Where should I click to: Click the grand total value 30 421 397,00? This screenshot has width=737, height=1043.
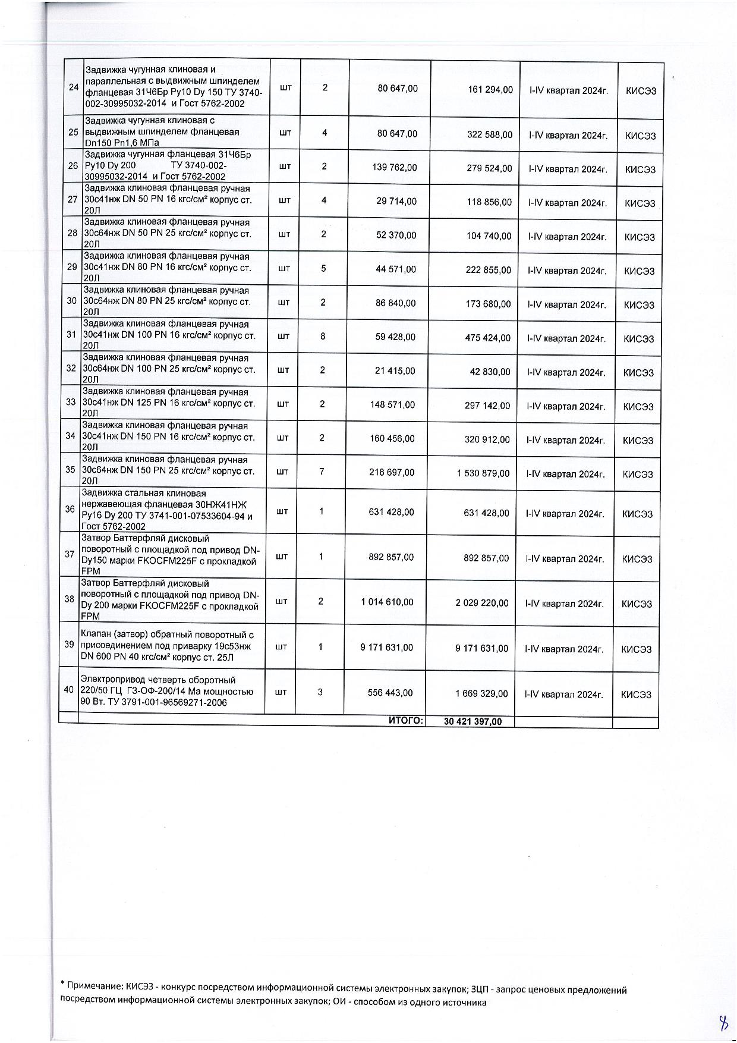473,722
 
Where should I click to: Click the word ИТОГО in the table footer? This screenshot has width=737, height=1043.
405,721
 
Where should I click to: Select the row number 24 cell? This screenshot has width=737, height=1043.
74,87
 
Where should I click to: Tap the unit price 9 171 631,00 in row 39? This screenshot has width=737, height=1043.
386,648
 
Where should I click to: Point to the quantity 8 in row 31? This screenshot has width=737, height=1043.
323,337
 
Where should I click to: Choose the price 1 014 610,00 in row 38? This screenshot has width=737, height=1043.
387,602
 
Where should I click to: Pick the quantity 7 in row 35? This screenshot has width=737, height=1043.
322,472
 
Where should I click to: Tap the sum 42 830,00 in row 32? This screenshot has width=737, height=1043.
489,372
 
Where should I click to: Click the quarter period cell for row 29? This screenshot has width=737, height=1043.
567,271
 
